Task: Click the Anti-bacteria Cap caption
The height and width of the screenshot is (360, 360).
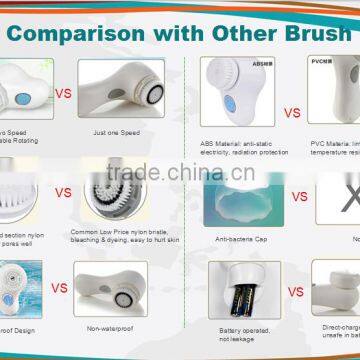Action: tap(229, 239)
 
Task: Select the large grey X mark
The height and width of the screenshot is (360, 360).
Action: tap(346, 200)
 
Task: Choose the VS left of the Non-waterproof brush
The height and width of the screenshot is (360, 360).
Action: tap(59, 288)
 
